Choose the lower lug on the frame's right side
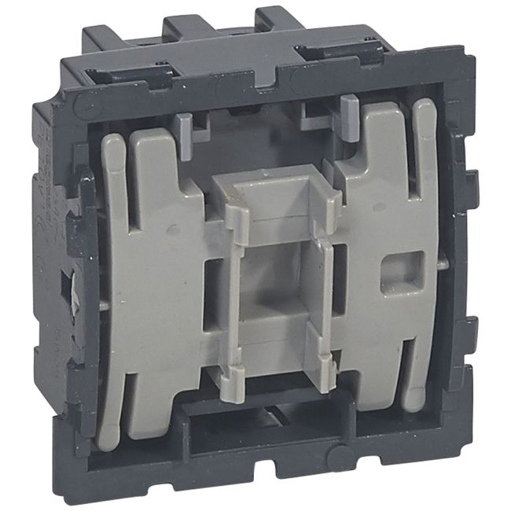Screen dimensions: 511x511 (x=469, y=330)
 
